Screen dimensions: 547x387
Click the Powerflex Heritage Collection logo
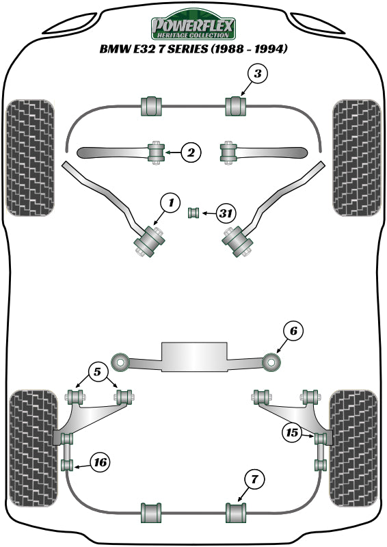(x=193, y=28)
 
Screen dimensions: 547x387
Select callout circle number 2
(x=191, y=153)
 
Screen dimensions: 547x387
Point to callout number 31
(x=226, y=214)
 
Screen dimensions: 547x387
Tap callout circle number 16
(x=99, y=463)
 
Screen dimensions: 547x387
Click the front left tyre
(x=30, y=157)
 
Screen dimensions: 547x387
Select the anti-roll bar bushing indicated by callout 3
(x=236, y=106)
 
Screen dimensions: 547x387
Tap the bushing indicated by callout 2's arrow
(x=157, y=152)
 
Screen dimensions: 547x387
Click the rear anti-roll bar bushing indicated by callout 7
(x=236, y=511)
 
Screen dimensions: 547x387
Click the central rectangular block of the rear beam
(x=193, y=356)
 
